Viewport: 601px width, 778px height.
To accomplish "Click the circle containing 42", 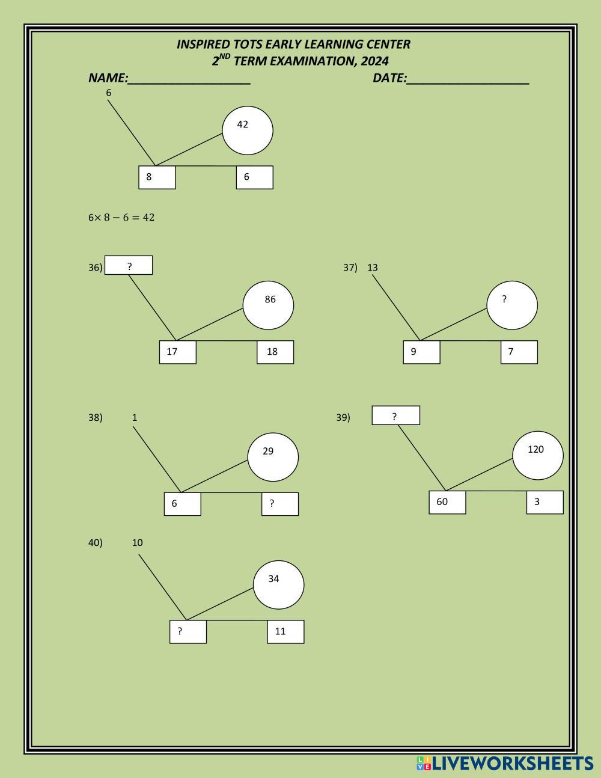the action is pos(247,130).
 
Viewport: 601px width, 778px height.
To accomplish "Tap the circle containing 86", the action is pos(268,305).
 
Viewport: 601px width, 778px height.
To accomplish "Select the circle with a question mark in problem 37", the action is pos(511,305).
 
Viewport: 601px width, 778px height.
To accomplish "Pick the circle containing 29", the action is pos(273,458).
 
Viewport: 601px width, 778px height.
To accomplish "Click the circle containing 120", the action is pos(537,455).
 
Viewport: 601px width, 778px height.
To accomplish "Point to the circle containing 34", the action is pos(278,584).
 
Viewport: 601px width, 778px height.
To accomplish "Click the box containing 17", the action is pos(177,352).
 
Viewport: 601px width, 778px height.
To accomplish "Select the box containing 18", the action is pos(275,352).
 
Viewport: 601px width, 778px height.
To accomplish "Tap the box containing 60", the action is pos(447,502).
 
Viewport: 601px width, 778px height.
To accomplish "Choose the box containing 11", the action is pos(285,631).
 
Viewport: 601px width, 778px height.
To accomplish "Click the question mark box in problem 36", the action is pos(129,265).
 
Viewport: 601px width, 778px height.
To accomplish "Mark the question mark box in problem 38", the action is pos(279,504).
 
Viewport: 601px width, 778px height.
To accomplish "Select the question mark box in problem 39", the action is pos(395,415).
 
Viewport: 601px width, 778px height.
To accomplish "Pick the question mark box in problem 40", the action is pos(188,631).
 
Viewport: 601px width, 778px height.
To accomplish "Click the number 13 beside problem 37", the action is pos(373,268).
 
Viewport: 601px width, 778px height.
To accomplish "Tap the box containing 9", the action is pos(421,352).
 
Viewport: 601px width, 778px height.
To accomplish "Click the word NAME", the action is pos(108,78).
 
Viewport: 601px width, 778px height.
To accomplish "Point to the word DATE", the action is pos(389,78).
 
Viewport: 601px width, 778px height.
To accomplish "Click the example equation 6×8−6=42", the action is pos(121,218).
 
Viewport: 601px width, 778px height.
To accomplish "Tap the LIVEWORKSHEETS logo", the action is pos(505,764).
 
